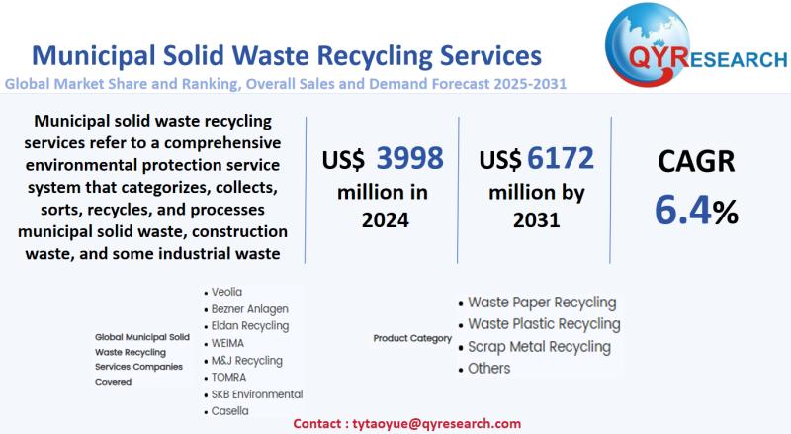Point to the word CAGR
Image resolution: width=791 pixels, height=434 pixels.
point(696,161)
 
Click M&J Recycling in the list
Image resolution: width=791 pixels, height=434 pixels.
point(246,360)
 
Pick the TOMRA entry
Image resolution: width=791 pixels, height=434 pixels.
point(229,377)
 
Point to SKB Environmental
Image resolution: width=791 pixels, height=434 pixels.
point(256,393)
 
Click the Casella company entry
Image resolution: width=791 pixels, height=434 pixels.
point(229,410)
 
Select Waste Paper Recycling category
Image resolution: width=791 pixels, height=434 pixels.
point(541,302)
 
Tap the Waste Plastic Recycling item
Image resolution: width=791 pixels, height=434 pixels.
point(544,323)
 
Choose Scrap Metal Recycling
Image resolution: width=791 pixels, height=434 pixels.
point(539,346)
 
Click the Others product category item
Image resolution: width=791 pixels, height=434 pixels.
point(488,368)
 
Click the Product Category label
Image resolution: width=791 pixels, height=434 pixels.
point(411,338)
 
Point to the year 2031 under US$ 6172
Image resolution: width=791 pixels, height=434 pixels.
point(537,219)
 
